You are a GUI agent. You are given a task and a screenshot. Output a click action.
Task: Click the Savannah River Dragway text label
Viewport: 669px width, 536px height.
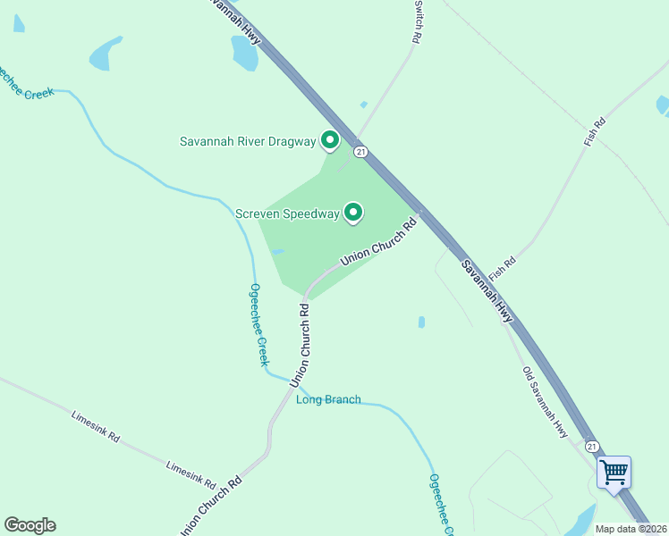tap(248, 141)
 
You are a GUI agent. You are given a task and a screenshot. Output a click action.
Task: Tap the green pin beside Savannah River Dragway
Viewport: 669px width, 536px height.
tap(329, 139)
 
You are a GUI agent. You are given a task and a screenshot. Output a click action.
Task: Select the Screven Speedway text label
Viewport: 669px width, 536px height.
tap(287, 214)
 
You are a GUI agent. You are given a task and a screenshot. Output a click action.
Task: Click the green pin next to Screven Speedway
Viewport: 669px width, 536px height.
tap(353, 212)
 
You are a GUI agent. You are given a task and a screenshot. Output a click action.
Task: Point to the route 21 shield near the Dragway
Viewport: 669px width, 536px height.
tap(360, 152)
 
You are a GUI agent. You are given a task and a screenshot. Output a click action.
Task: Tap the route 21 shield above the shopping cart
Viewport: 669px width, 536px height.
tap(591, 445)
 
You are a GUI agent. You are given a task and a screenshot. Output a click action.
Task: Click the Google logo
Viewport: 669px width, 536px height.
tap(30, 525)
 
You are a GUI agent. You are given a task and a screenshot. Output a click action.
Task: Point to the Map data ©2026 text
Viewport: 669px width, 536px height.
tap(631, 529)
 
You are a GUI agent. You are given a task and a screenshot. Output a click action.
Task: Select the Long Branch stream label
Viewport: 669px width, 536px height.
tap(328, 399)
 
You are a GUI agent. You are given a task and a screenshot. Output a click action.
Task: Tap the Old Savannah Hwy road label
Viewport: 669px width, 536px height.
tap(546, 401)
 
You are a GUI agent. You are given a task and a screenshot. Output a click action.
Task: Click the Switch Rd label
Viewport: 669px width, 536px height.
tap(417, 21)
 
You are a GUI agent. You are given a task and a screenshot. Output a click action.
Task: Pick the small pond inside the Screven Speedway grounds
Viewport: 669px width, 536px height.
tap(277, 252)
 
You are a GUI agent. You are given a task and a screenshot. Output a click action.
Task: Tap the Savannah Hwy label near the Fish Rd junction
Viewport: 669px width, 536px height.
tap(487, 290)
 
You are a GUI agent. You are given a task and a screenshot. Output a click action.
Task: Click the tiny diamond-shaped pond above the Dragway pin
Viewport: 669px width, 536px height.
tap(364, 105)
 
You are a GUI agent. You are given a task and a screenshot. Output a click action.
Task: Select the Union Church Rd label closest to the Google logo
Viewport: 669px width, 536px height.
tap(212, 505)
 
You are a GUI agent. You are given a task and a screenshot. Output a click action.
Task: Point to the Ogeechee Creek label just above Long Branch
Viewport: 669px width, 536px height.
tap(258, 324)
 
